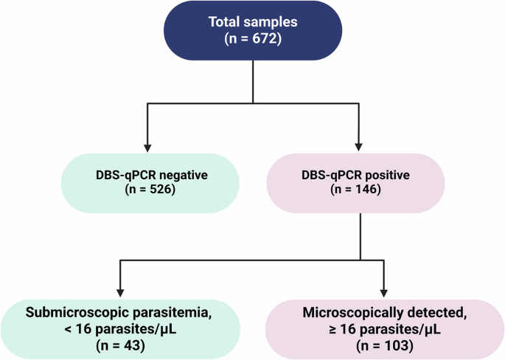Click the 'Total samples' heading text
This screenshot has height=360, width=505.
click(252, 23)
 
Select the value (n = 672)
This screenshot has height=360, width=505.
click(252, 38)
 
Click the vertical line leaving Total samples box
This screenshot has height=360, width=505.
click(253, 81)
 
